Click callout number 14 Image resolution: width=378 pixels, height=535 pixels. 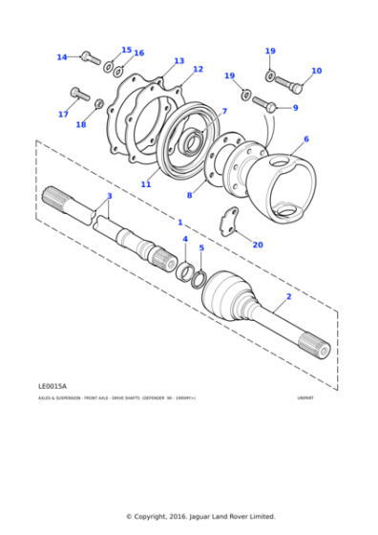click(x=62, y=57)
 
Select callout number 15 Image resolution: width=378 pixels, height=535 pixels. click(x=126, y=50)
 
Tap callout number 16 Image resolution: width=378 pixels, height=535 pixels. click(x=138, y=53)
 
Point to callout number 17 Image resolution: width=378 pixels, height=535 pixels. click(x=63, y=115)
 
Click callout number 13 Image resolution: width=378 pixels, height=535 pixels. click(x=178, y=61)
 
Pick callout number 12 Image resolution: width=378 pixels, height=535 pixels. click(x=198, y=70)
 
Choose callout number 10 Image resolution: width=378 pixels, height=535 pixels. click(x=316, y=71)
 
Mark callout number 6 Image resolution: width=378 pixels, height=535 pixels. click(x=305, y=139)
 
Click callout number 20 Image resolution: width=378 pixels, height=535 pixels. click(x=258, y=245)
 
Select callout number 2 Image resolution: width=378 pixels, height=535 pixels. click(x=288, y=297)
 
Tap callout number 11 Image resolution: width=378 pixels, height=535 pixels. click(x=146, y=184)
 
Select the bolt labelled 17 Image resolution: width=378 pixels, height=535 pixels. click(x=78, y=94)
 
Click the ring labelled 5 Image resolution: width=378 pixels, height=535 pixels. click(x=199, y=279)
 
